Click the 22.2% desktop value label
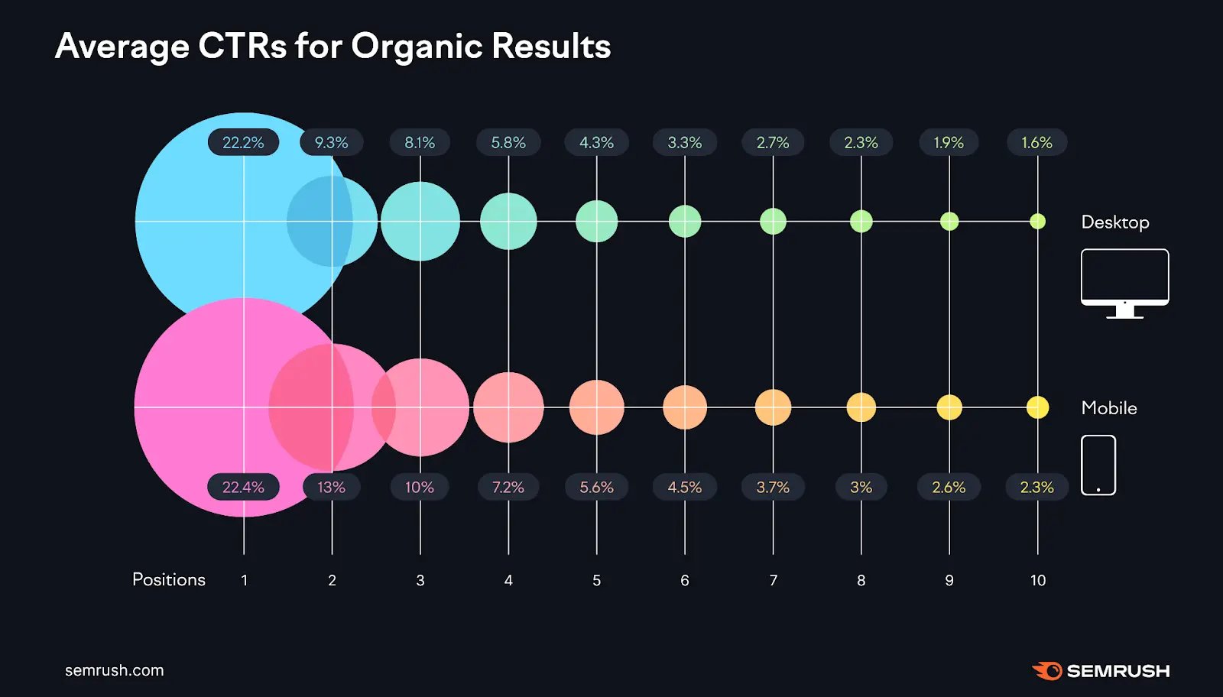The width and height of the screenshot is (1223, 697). tap(243, 143)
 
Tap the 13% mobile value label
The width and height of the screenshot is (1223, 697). tap(331, 487)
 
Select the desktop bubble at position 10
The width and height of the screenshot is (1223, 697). tap(1037, 222)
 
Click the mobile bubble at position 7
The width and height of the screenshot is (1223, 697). tap(773, 407)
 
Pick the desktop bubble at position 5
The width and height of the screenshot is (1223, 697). tap(596, 222)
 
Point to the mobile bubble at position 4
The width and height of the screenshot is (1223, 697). tap(508, 407)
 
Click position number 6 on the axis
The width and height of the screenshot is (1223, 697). tap(685, 580)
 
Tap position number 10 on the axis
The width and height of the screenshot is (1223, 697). tap(1037, 580)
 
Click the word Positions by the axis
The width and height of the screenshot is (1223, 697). tap(169, 579)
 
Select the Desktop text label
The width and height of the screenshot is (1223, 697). tap(1114, 222)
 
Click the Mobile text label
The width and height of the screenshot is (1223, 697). tap(1108, 408)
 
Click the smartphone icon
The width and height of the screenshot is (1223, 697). tap(1098, 465)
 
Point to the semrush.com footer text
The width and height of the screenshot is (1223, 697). tap(114, 670)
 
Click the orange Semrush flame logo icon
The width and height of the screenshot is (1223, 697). tap(1047, 671)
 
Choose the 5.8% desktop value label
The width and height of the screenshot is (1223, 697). tap(508, 143)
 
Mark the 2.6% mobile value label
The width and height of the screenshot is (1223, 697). tap(949, 487)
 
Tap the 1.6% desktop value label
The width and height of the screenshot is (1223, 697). tap(1036, 143)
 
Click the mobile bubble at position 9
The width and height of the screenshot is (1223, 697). tap(949, 407)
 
